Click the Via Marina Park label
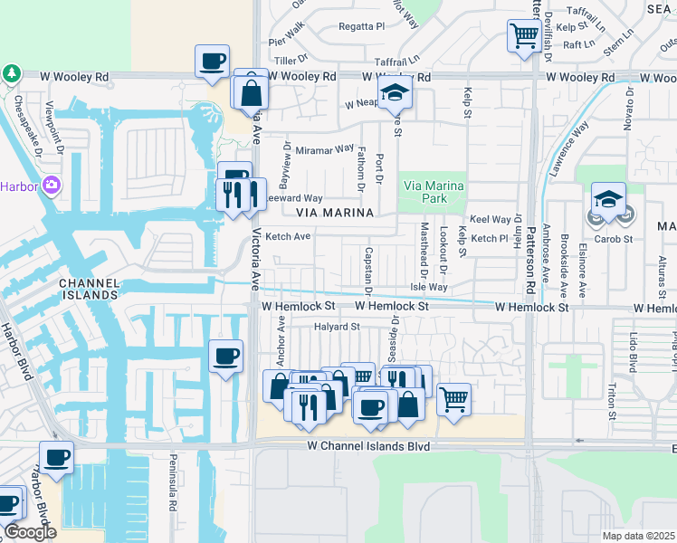tap(433, 191)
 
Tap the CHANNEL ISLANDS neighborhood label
tap(90, 289)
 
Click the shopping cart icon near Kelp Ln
tap(524, 36)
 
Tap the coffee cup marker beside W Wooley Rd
tap(213, 62)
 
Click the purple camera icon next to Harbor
tap(51, 185)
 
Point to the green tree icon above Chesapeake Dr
tap(11, 71)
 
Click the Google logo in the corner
tap(30, 532)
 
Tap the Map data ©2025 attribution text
tap(638, 536)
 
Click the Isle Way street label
tap(429, 287)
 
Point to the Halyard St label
tap(337, 327)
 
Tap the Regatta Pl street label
tap(362, 27)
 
